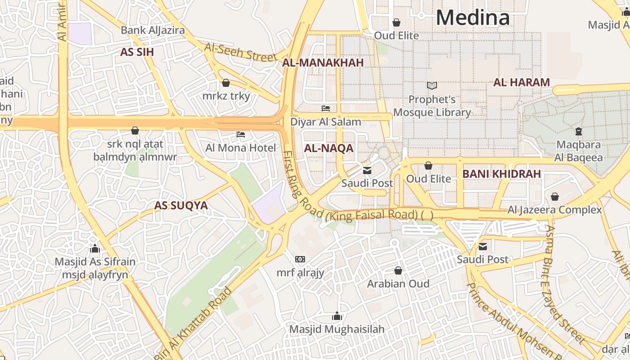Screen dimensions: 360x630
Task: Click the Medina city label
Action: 472,18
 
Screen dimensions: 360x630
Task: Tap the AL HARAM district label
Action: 522,82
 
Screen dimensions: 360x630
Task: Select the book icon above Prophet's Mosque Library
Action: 432,85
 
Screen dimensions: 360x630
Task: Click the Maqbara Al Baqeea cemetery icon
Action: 579,131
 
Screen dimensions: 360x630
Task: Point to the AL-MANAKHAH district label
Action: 323,63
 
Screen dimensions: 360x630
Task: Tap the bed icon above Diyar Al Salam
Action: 326,108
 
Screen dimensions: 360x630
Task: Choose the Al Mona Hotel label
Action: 241,148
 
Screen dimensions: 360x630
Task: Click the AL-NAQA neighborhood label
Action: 329,148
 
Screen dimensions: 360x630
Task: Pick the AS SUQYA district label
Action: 181,206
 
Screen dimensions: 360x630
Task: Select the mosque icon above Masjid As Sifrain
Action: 94,248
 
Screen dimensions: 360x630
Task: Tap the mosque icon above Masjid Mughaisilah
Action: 337,316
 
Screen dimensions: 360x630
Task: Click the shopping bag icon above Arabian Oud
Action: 398,270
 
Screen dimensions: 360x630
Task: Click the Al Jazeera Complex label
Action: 554,210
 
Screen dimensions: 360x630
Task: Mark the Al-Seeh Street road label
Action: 240,52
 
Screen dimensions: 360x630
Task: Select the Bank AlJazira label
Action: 153,31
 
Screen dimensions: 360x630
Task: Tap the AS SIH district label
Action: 137,52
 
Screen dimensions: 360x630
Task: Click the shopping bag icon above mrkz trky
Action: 226,83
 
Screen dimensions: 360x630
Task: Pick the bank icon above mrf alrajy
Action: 300,259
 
